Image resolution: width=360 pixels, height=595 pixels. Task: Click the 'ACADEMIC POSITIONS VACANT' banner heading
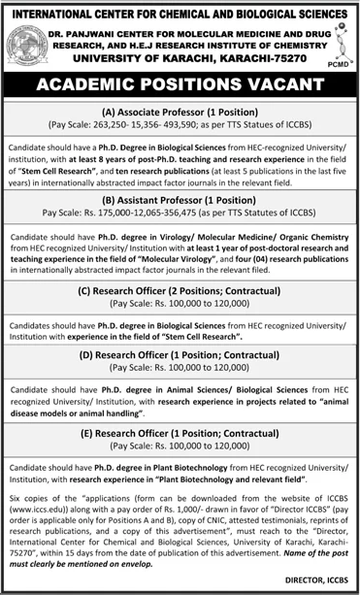(180, 86)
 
